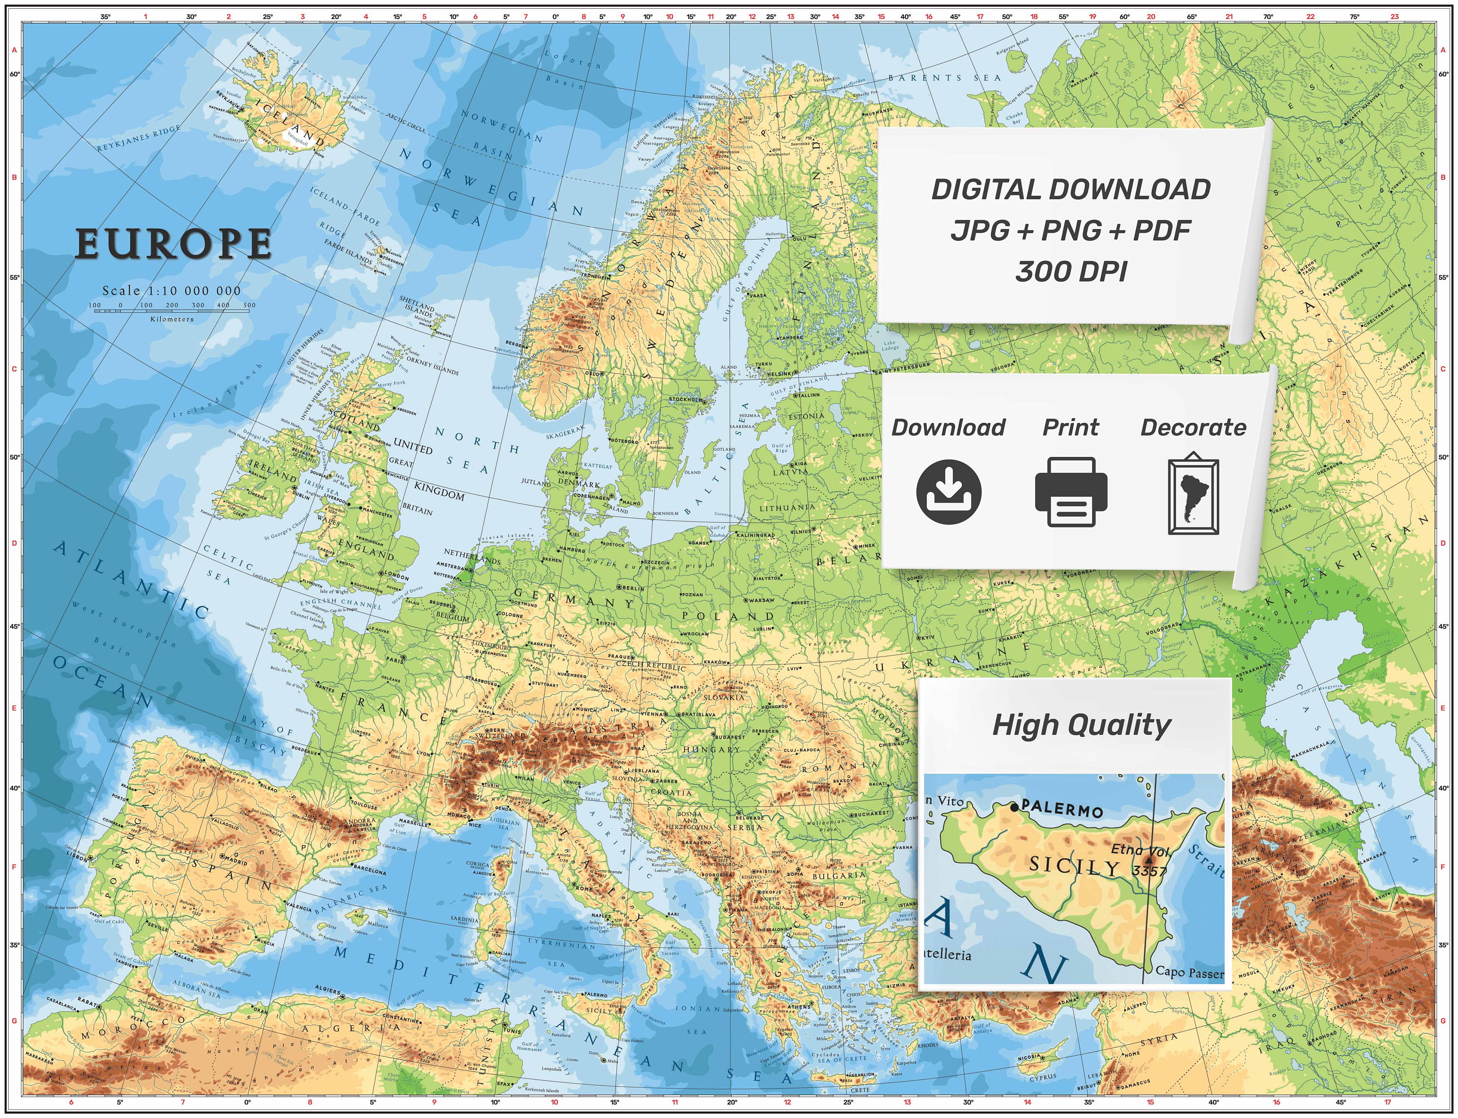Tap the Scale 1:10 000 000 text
tap(171, 291)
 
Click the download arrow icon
tap(948, 492)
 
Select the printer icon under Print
tap(1071, 492)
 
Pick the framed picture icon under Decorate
tap(1193, 493)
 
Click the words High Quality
tap(1081, 725)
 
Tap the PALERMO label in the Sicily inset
tap(1061, 809)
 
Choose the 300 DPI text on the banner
tap(1071, 271)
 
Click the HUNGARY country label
tap(711, 749)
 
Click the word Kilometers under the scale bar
tap(172, 319)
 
